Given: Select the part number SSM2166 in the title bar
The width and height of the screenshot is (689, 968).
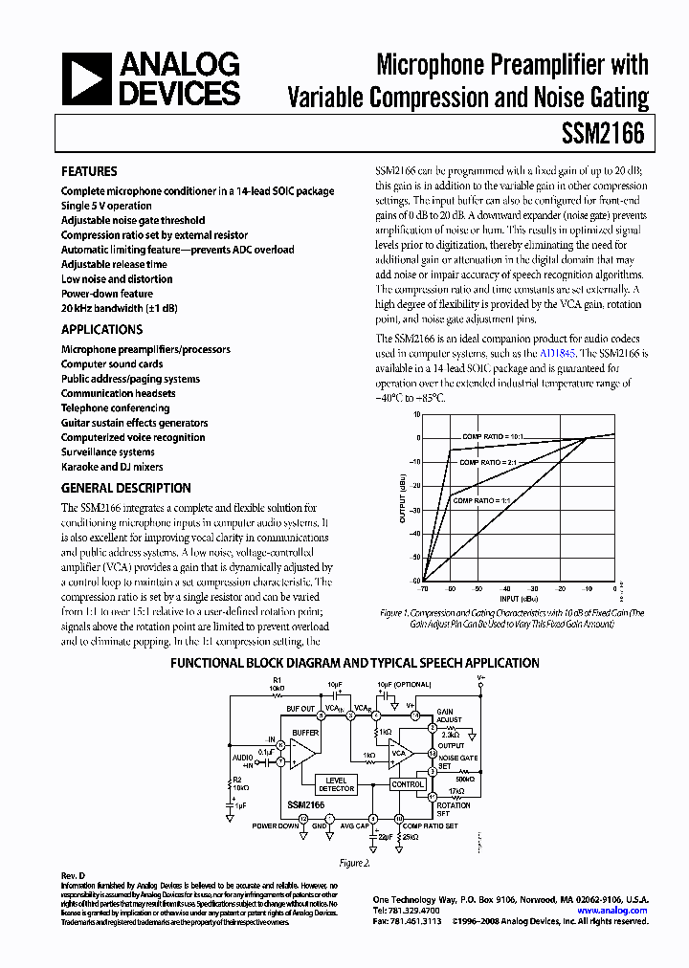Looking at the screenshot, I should pyautogui.click(x=610, y=134).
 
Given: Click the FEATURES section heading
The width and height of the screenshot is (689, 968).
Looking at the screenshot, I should pyautogui.click(x=89, y=171).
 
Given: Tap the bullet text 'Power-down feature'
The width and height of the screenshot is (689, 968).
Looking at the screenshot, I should pyautogui.click(x=106, y=294).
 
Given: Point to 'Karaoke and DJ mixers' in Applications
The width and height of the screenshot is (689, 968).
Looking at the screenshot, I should pyautogui.click(x=112, y=467).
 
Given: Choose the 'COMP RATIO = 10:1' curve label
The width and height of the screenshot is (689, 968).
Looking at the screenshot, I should pyautogui.click(x=495, y=436).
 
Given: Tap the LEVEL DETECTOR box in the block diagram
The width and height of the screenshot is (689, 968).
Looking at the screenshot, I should pyautogui.click(x=336, y=784).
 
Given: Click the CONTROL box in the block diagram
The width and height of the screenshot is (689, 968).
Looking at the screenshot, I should pyautogui.click(x=408, y=784).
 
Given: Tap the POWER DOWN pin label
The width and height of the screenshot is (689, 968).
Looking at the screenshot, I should pyautogui.click(x=275, y=825).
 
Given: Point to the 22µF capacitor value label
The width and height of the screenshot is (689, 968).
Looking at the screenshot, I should pyautogui.click(x=387, y=837).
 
